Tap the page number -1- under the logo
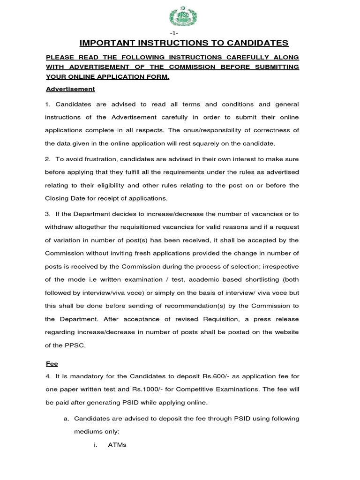coord(180,34)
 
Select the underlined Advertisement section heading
coord(70,89)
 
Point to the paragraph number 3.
coord(47,214)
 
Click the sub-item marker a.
coord(66,419)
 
